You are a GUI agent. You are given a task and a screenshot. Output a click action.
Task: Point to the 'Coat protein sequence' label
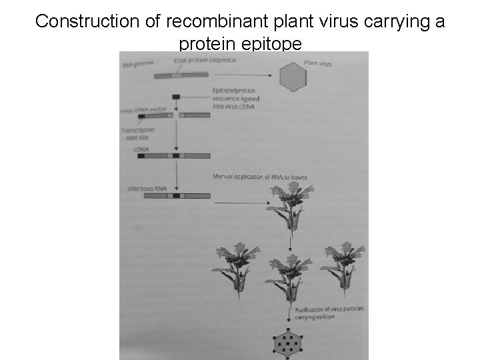204,61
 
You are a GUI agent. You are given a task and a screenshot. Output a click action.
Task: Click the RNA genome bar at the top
181,75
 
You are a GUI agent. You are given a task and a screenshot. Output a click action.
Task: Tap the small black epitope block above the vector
176,97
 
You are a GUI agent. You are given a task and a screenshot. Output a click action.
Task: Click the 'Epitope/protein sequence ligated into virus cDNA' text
233,98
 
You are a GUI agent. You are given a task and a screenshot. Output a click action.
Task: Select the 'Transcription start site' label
138,133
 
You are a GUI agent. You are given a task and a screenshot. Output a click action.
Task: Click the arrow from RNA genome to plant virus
244,76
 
